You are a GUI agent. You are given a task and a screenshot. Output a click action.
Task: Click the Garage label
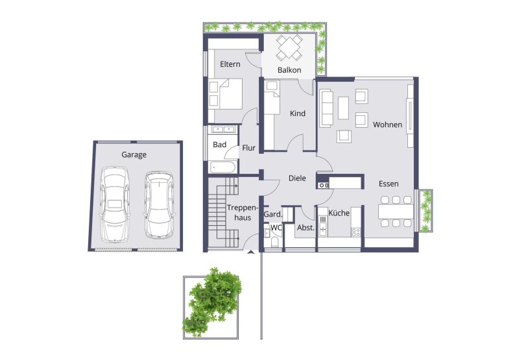click(134, 155)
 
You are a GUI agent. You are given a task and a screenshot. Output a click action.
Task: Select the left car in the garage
click(115, 204)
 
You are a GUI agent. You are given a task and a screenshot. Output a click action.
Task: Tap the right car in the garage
click(160, 204)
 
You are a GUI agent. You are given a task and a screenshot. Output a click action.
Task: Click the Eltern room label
click(230, 64)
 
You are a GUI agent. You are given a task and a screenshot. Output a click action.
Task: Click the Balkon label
click(289, 70)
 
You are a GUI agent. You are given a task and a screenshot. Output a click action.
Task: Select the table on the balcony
click(289, 47)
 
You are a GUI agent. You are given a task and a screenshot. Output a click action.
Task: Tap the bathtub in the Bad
click(222, 167)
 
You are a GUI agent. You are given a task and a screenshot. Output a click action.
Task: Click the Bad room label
click(219, 145)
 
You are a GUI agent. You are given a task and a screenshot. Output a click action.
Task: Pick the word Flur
click(248, 148)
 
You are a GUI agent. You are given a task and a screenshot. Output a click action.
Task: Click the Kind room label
click(297, 114)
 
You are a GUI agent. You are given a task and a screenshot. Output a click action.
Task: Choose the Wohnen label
click(387, 125)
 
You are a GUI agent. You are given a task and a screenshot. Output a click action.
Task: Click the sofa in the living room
click(326, 108)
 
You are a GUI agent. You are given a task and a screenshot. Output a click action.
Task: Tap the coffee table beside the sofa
click(343, 108)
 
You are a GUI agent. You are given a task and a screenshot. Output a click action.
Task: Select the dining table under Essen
click(396, 212)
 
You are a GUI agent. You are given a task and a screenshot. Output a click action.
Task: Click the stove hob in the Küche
click(355, 232)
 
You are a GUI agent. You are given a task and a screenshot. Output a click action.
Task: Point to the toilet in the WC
click(275, 242)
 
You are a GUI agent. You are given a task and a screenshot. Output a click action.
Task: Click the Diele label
click(297, 178)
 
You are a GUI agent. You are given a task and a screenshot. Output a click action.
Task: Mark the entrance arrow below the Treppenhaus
click(250, 252)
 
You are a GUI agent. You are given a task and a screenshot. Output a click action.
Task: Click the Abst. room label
click(305, 228)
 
